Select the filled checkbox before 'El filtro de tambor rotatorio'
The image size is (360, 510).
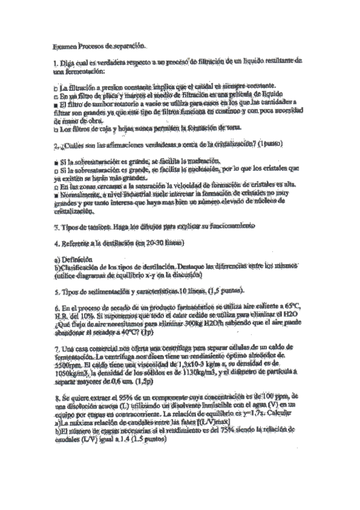(x=55, y=103)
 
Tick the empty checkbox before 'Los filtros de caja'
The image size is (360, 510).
(x=55, y=129)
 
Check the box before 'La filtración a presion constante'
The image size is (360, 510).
(x=55, y=87)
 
